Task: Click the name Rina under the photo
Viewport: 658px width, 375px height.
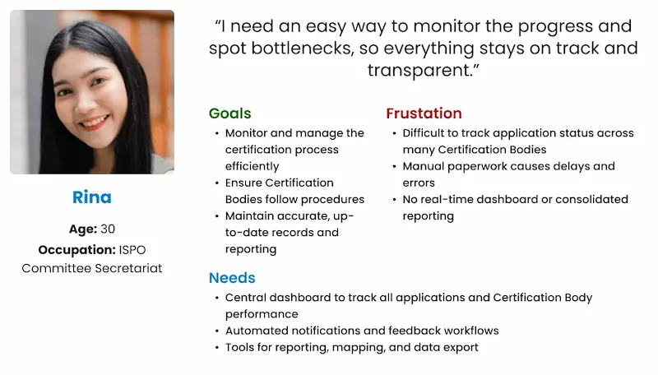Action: click(92, 197)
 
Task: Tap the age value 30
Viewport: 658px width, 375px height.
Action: click(108, 229)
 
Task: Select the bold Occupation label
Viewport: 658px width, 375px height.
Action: click(76, 250)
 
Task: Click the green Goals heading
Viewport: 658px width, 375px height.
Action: click(230, 113)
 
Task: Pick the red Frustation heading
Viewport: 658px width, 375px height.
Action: click(424, 113)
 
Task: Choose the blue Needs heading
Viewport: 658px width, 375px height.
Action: click(232, 278)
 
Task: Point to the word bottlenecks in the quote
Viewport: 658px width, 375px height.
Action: click(299, 49)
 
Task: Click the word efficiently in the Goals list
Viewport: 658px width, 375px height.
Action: click(252, 166)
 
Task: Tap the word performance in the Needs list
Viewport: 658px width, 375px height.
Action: click(262, 314)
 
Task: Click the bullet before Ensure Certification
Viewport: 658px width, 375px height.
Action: click(216, 183)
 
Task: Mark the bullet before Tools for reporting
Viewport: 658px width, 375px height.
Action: click(216, 348)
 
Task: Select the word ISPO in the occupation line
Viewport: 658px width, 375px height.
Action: click(132, 250)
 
